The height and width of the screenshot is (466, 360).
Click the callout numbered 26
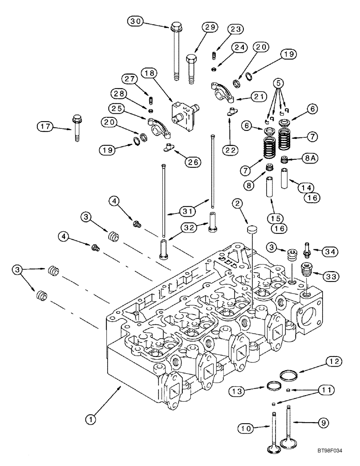point(192,162)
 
